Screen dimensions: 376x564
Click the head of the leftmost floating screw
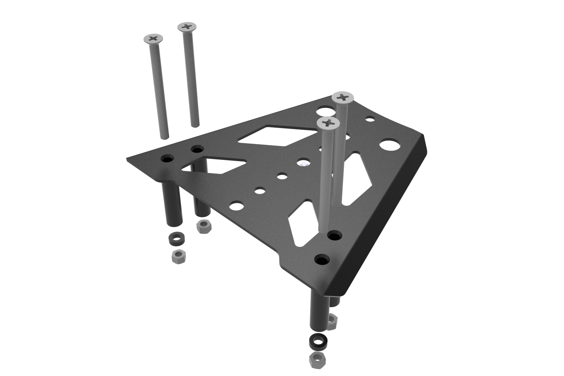coord(153,38)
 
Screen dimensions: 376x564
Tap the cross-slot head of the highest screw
coord(187,27)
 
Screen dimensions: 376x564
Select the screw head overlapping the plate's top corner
coord(342,98)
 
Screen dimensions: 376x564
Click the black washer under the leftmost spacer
coord(176,239)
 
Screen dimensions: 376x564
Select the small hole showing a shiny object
coord(303,164)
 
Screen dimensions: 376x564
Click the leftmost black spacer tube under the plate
coord(174,206)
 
